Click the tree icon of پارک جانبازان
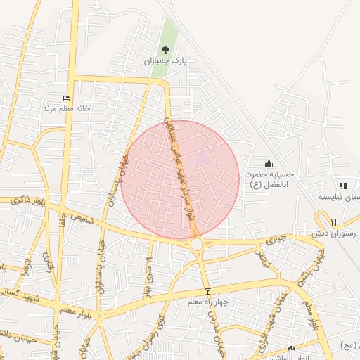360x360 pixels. (x=165, y=49)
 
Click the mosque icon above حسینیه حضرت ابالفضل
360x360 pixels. (x=268, y=163)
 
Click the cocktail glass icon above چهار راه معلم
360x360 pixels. (x=207, y=291)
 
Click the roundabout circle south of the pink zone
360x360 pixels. (x=196, y=244)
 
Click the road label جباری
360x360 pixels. (x=275, y=240)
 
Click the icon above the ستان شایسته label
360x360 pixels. (x=343, y=186)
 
